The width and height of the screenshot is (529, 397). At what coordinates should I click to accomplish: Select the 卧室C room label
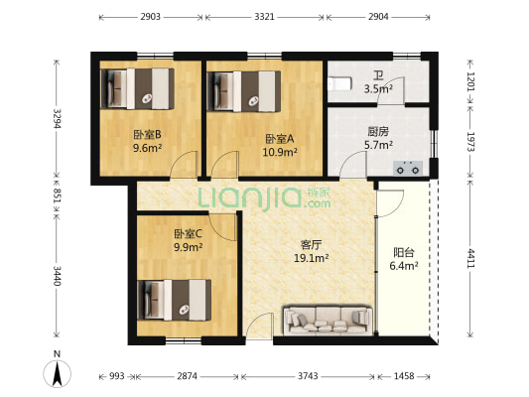[187, 232]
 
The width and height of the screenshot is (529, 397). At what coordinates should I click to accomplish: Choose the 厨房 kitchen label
[377, 131]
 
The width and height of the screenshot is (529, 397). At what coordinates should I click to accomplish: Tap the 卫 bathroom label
[378, 75]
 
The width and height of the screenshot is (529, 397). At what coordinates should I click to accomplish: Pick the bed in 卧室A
[244, 88]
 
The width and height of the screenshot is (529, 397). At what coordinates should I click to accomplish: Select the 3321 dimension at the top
[264, 18]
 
